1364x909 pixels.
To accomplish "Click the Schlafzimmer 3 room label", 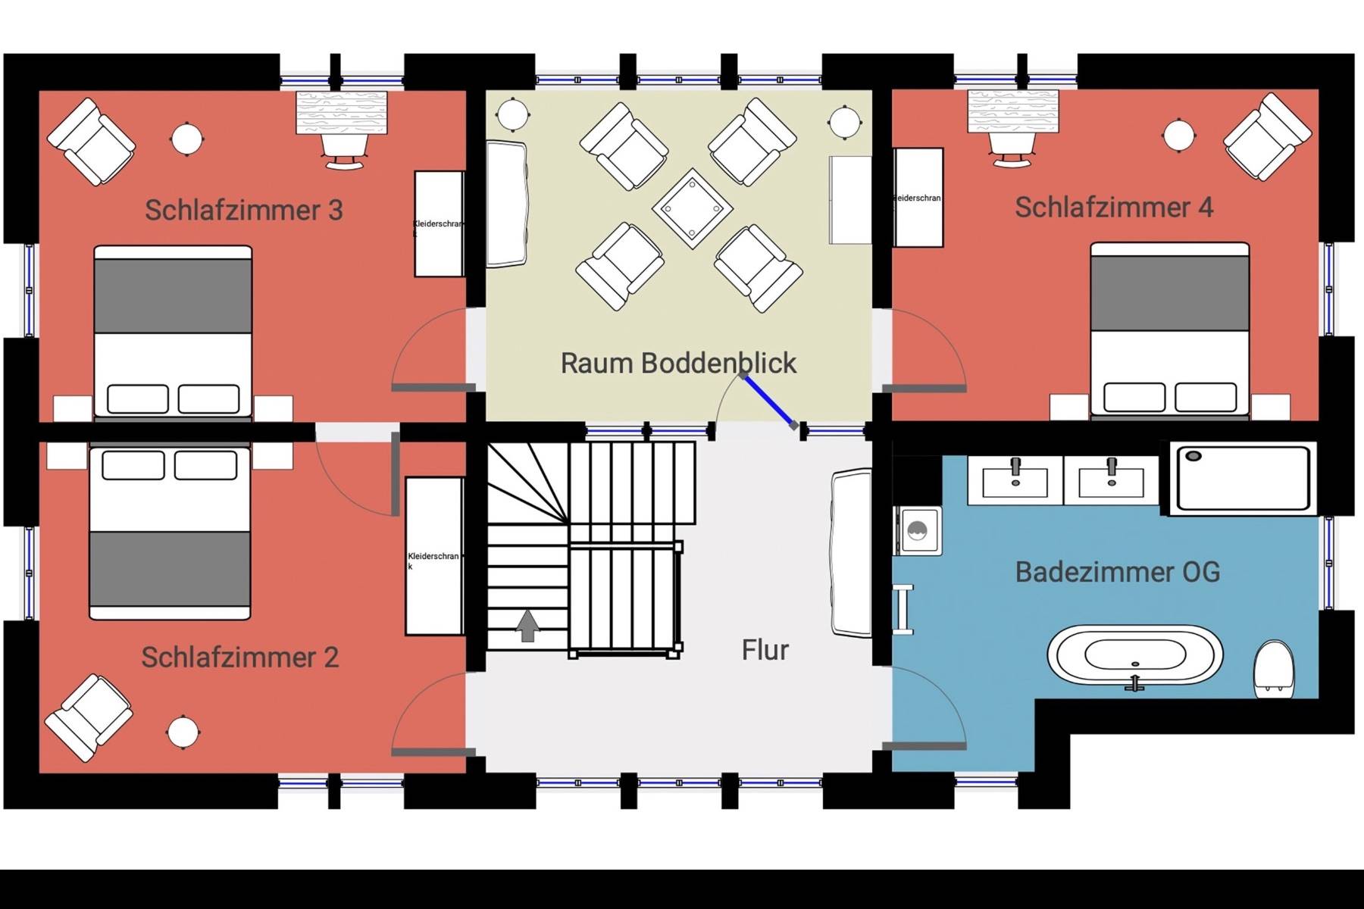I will (243, 210).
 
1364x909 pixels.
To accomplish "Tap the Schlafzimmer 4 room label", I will (1113, 207).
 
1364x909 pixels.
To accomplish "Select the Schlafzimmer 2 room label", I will (239, 657).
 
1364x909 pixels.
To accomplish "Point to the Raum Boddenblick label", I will (678, 363).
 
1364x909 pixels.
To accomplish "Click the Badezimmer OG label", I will (1117, 572).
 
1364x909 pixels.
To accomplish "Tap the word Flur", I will (765, 650).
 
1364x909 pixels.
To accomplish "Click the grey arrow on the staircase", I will (527, 626).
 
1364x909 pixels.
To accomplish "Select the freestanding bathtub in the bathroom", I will (1134, 657).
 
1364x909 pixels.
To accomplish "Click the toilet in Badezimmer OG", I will (1273, 670).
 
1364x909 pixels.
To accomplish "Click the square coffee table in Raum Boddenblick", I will (692, 208).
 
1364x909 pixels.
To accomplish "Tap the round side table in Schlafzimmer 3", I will (186, 139).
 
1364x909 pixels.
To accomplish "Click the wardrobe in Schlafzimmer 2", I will (434, 556).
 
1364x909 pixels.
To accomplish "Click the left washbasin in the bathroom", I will (1015, 480).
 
